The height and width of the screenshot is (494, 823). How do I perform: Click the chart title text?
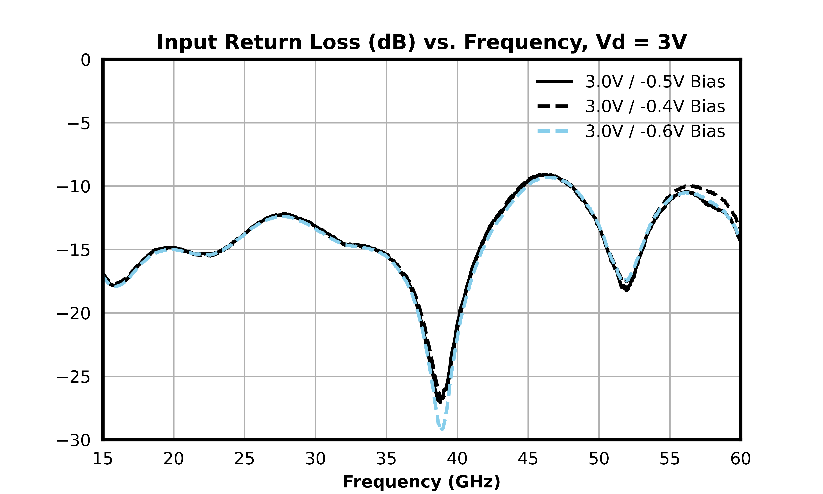click(x=421, y=43)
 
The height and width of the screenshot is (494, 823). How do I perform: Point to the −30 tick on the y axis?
click(x=73, y=440)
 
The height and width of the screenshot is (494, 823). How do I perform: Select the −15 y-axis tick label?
click(x=73, y=250)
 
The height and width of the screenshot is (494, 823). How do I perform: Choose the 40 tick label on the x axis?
click(x=457, y=459)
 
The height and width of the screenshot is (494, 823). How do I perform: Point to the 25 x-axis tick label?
click(x=244, y=459)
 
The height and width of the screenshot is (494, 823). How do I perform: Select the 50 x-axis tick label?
click(x=599, y=459)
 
